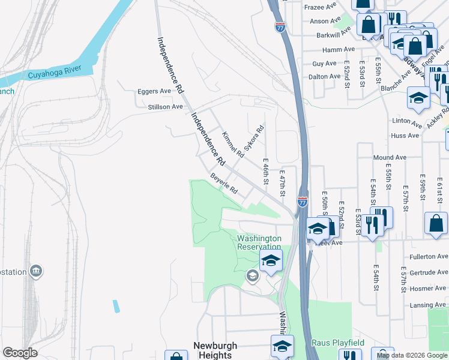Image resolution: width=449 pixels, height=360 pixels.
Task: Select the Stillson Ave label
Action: coord(165,107)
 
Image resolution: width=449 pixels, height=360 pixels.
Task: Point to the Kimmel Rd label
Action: coord(233,145)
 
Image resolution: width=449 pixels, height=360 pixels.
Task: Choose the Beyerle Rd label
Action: coord(224,184)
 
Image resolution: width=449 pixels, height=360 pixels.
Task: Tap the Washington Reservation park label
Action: coord(259,242)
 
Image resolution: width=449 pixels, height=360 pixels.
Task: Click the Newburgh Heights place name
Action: coord(215,350)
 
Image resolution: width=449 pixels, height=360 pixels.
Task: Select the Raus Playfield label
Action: coord(337,343)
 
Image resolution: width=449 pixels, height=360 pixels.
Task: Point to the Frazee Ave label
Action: coord(321,7)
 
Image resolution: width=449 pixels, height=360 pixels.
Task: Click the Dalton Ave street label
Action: coord(324,77)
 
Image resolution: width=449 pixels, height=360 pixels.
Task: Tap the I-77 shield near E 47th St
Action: coord(303,203)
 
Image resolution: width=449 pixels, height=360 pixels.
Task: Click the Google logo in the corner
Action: coord(20,353)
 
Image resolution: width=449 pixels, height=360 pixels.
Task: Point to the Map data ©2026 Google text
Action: coord(411,355)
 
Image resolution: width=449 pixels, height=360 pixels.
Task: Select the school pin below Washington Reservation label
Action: coord(271,260)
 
